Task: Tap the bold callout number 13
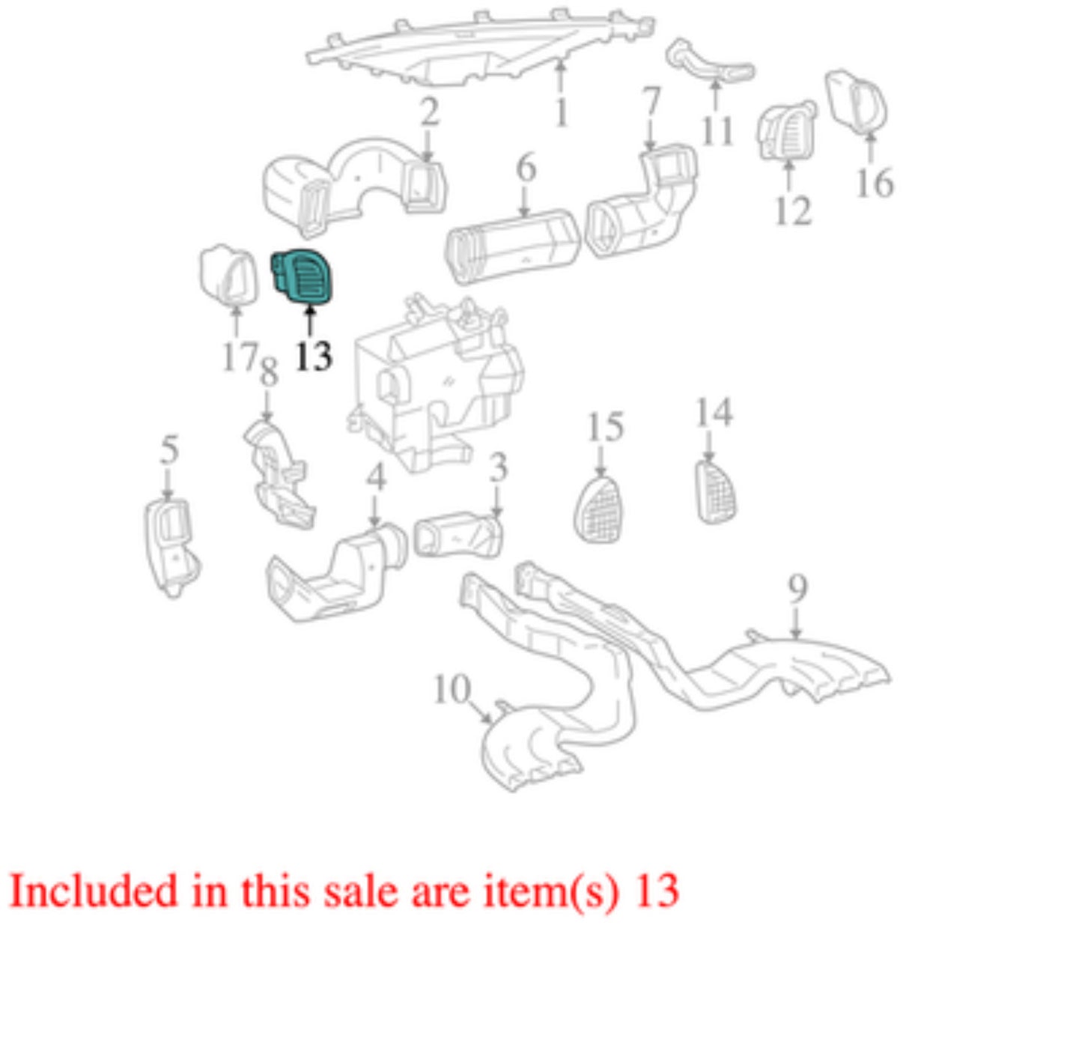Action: pos(314,356)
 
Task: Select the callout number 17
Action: pos(240,356)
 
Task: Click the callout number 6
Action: pos(526,167)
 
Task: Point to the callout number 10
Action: pos(452,689)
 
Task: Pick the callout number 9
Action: pos(797,588)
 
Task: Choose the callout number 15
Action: pos(605,427)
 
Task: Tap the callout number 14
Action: pos(714,412)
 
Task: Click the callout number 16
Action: pos(875,183)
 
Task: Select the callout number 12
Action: pos(794,210)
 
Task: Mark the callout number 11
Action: pos(717,131)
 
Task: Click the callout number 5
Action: pos(169,449)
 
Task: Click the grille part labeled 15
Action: pos(598,509)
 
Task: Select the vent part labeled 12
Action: pos(787,131)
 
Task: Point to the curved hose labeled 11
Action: pos(710,62)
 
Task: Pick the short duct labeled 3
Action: pos(458,535)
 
